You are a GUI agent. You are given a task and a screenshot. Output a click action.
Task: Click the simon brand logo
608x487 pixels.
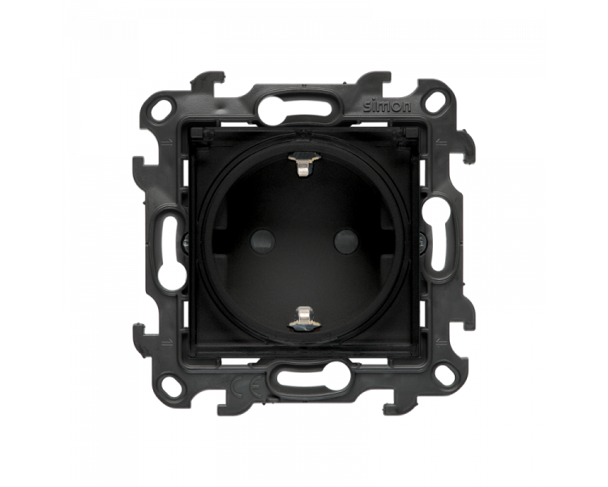coord(387,106)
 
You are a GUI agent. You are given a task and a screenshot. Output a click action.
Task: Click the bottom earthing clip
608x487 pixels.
coord(303,316)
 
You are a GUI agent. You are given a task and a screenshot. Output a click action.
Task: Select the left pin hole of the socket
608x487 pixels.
coord(263,241)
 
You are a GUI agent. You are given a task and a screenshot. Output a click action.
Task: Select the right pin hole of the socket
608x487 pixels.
coord(346,241)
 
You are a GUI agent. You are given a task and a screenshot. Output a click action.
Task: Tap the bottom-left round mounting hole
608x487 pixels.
coord(173,379)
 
